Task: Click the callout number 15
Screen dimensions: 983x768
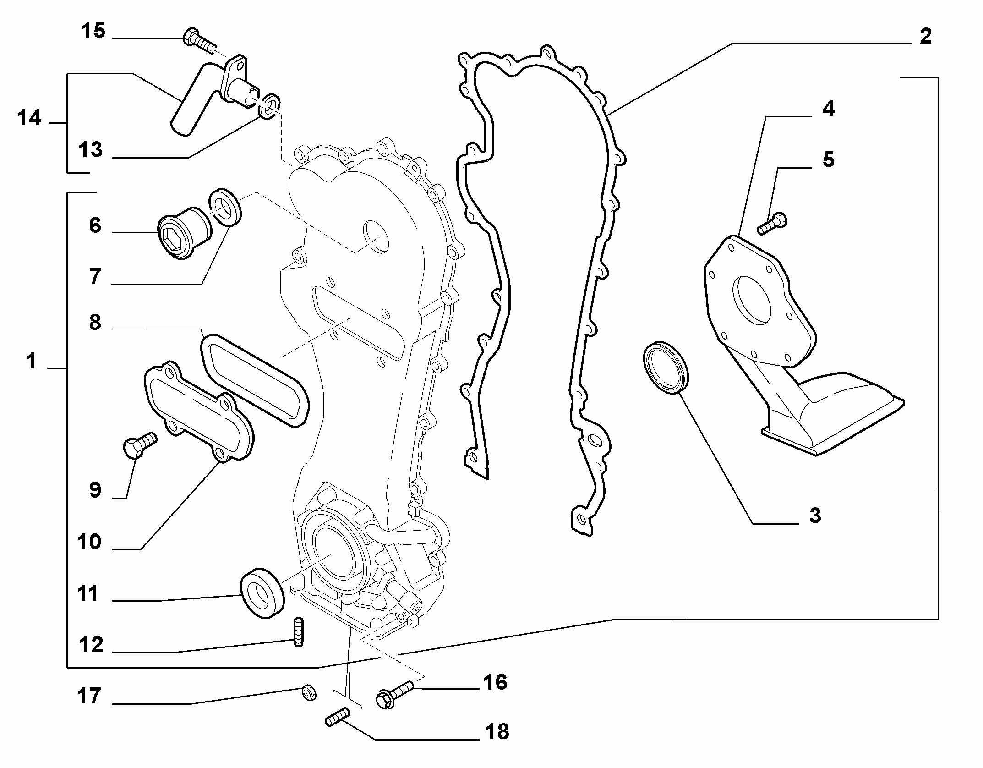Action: click(93, 32)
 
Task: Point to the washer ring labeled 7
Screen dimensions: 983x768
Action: click(225, 207)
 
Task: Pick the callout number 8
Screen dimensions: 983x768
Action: click(95, 323)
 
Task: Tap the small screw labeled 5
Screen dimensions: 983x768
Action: click(773, 223)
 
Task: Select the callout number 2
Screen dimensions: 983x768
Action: click(926, 36)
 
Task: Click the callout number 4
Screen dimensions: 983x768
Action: click(828, 109)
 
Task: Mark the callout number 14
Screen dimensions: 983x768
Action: click(30, 119)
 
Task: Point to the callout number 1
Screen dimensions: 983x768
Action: click(31, 362)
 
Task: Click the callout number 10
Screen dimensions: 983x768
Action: click(89, 542)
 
